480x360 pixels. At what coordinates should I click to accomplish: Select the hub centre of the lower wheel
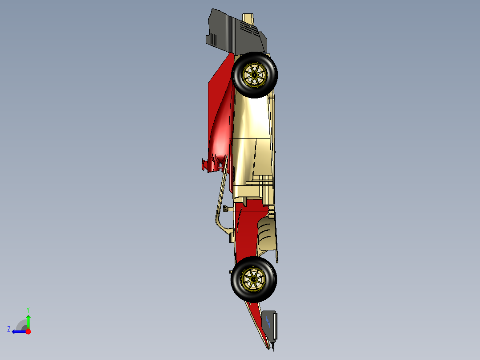(253, 279)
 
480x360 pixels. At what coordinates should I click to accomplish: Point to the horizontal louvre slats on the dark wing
(248, 27)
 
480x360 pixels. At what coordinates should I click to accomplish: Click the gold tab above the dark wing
(248, 18)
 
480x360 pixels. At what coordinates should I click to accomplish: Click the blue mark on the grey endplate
(268, 320)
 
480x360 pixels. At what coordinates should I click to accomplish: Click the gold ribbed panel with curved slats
(266, 234)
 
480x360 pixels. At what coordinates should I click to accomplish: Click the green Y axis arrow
(28, 320)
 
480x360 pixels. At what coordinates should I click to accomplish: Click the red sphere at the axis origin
(28, 331)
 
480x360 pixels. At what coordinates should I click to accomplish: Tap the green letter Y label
(28, 309)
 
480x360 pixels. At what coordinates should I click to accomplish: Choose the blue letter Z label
(9, 329)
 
